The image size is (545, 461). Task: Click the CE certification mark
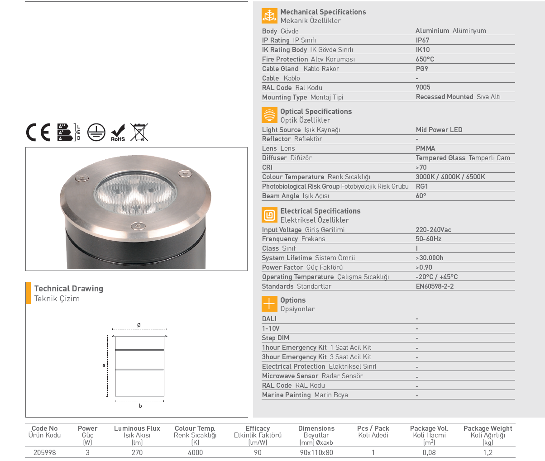pos(38,132)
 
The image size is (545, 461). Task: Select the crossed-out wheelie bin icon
pos(139,132)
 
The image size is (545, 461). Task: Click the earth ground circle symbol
pos(96,132)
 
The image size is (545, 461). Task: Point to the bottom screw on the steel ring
pos(138,226)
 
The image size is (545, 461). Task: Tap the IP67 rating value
pos(422,40)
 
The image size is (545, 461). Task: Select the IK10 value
pos(423,50)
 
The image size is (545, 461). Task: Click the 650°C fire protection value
pos(425,59)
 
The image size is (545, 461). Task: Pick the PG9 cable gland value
pos(422,68)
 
